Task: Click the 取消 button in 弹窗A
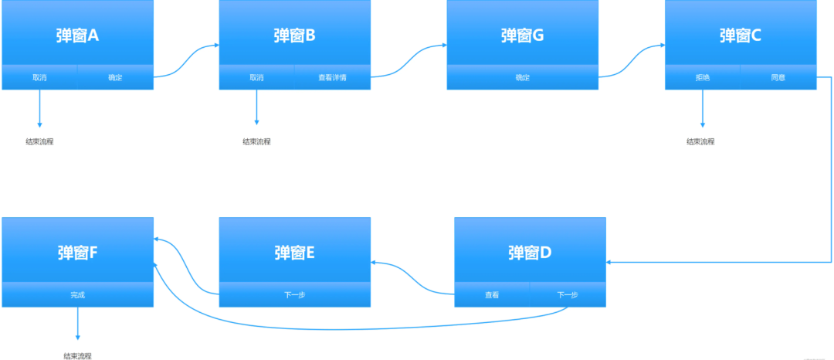coord(39,77)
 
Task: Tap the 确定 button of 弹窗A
coord(115,77)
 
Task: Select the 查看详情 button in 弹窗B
coord(332,77)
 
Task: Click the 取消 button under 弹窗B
coord(256,77)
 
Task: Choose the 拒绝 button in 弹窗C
coord(702,77)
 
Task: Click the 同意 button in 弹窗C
coord(778,77)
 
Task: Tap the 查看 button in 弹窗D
coord(492,294)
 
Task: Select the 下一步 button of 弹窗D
coord(568,294)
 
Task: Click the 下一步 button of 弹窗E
coord(294,294)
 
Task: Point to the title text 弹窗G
coord(522,35)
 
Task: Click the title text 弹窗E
coord(294,252)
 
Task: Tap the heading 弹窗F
coord(77,252)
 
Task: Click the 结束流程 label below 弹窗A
coord(39,141)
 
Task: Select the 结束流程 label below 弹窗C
coord(701,141)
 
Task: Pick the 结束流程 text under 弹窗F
coord(77,356)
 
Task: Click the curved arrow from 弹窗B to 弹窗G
coord(408,60)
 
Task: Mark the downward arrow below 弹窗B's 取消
coord(256,107)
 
